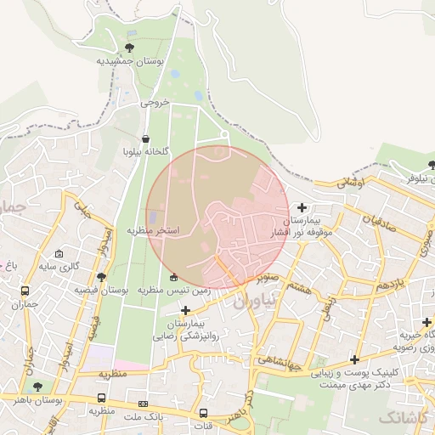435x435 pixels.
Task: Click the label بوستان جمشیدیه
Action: pos(128,62)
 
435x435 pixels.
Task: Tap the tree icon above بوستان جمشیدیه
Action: pos(129,48)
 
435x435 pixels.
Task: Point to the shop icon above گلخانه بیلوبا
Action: pos(146,138)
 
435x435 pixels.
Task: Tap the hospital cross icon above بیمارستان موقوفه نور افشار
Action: pos(302,206)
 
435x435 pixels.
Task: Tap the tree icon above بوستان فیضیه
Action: pos(101,277)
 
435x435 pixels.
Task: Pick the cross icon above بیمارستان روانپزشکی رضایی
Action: pos(186,310)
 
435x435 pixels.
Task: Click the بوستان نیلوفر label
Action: pos(409,179)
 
